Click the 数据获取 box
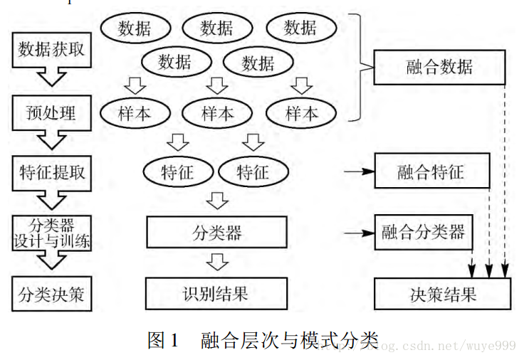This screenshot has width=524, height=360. click(x=51, y=49)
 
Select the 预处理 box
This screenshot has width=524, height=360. click(x=51, y=112)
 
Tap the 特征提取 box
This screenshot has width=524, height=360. click(x=51, y=171)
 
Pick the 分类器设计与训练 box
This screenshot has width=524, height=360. click(x=51, y=232)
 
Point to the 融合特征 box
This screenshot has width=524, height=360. click(x=431, y=171)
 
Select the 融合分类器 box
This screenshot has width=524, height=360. click(x=423, y=232)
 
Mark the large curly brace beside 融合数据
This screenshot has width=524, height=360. click(x=363, y=68)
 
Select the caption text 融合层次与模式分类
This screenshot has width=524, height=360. click(x=288, y=339)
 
